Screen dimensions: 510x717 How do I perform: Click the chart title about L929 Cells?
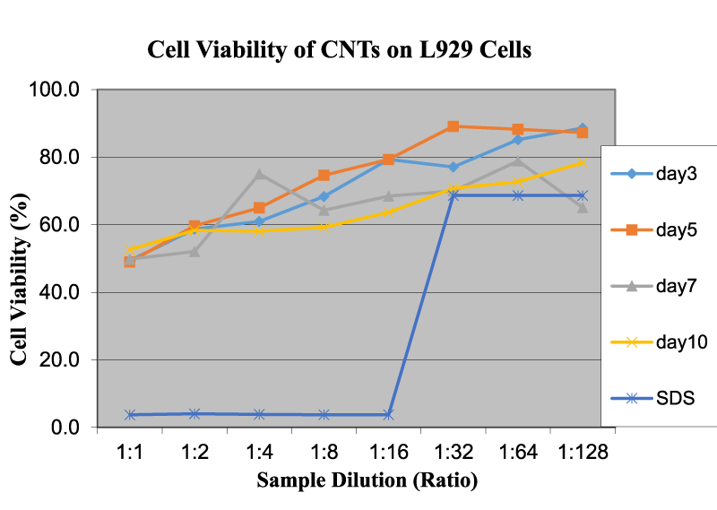(x=340, y=51)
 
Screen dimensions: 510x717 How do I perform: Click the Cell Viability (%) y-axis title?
(x=20, y=260)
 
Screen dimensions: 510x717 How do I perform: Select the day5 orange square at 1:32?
(x=454, y=126)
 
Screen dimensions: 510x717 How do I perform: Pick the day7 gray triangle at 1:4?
(x=259, y=174)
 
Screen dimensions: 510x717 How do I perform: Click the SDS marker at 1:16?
(x=388, y=414)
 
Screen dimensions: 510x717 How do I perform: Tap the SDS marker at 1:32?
(x=454, y=195)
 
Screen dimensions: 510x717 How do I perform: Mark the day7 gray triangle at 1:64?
(x=518, y=161)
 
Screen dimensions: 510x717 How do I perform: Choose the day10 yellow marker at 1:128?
(x=583, y=162)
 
